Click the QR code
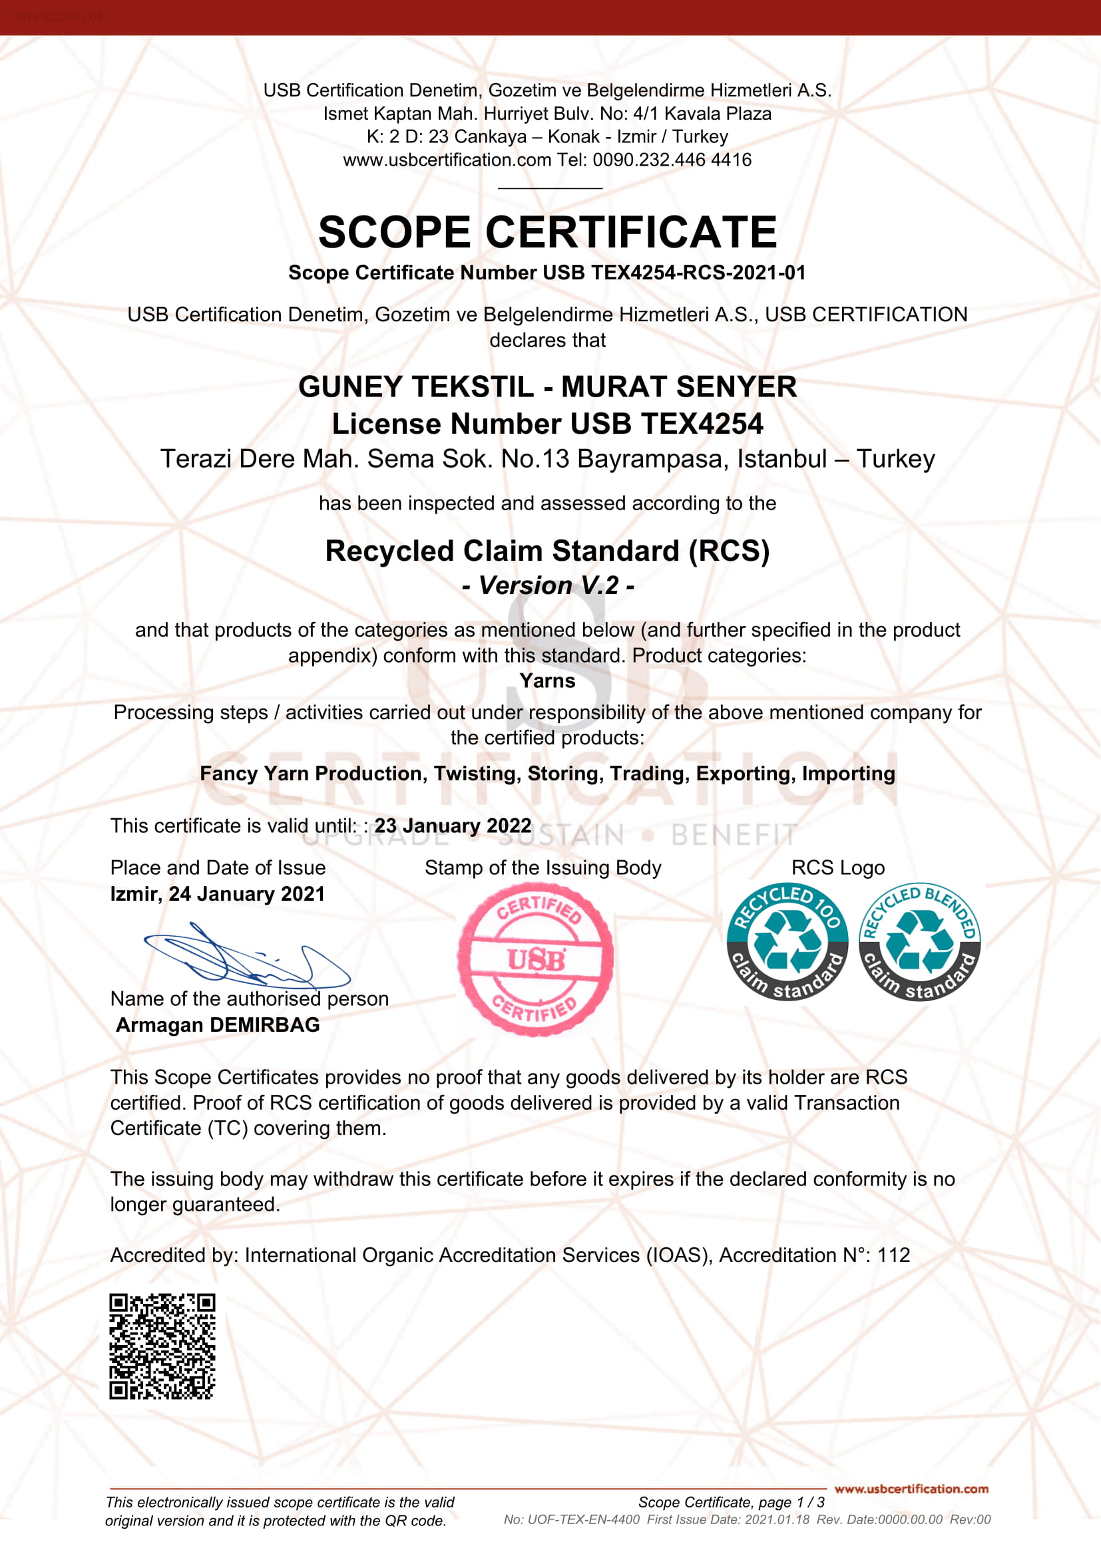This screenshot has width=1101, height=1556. tap(162, 1346)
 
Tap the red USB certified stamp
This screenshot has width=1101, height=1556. tap(536, 959)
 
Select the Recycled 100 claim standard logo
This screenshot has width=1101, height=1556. tap(787, 941)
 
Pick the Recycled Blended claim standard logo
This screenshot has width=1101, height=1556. tap(919, 941)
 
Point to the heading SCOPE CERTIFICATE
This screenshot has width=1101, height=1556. tap(547, 232)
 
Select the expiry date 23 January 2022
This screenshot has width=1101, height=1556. tap(453, 826)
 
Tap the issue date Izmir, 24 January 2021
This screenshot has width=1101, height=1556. tap(218, 894)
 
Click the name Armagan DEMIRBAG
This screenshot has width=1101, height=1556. tap(218, 1024)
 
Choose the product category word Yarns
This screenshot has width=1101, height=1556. tap(547, 681)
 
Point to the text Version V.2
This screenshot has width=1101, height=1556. tap(548, 585)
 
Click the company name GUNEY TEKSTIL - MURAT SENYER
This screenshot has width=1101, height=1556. tap(547, 387)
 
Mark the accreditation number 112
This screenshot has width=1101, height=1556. tap(893, 1255)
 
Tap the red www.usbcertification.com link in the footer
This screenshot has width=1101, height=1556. tap(911, 1489)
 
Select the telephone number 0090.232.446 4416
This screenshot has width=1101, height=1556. tap(672, 160)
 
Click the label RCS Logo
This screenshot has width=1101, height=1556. tap(838, 867)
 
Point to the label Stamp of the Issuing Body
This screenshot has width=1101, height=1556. tap(543, 867)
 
